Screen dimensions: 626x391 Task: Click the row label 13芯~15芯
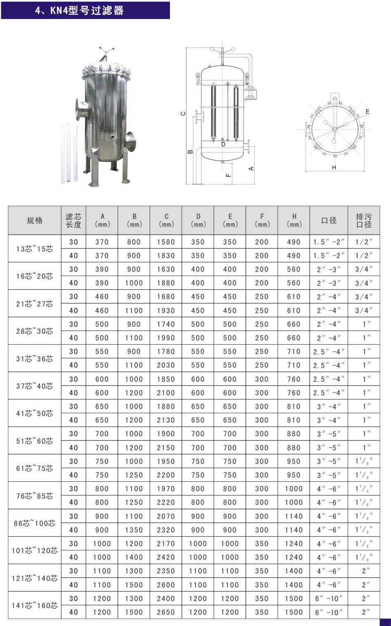pos(35,249)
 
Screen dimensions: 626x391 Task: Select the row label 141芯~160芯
pos(35,605)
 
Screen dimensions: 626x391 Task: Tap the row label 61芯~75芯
pos(35,468)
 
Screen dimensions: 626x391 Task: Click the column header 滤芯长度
pos(73,221)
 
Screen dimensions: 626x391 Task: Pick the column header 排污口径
pos(364,221)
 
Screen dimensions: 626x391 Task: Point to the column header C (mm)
pos(166,221)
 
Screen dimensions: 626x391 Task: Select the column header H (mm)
pos(294,221)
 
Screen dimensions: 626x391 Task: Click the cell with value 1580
pos(166,242)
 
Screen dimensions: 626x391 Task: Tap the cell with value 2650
pos(166,612)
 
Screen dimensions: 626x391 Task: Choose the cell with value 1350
pos(134,530)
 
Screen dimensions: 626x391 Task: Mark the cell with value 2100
pos(166,393)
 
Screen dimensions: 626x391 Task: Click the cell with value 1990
pos(166,338)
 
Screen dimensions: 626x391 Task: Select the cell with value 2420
pos(166,557)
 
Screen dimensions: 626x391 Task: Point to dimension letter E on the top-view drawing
pos(367,112)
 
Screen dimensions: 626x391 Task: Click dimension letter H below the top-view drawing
pos(334,167)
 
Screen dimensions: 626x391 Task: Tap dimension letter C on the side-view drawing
pos(183,114)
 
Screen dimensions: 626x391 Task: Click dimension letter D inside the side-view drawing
pos(223,145)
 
